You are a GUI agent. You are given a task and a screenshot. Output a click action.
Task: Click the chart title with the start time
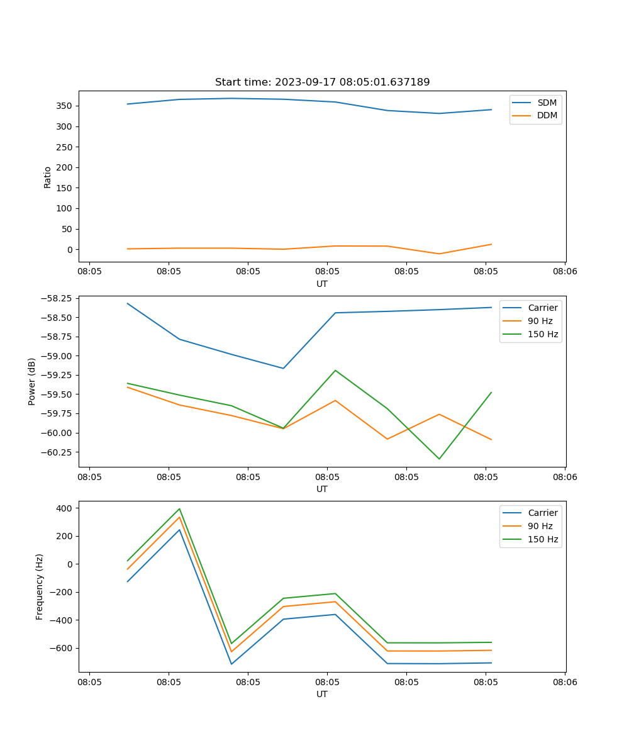(322, 82)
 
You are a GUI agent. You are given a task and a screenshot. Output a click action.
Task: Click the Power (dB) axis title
(32, 381)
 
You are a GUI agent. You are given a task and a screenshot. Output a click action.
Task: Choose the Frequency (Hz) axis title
(40, 586)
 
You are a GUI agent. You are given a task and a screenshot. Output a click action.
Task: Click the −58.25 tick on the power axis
(55, 298)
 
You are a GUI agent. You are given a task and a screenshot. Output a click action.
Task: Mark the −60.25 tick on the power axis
(55, 452)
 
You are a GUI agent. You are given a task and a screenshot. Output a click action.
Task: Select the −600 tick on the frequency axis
(61, 648)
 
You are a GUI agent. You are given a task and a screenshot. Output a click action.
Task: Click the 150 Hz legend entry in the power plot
(543, 334)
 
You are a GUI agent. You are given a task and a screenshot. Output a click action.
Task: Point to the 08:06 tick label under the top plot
(564, 272)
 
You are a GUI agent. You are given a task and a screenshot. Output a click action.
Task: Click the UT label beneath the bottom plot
(322, 694)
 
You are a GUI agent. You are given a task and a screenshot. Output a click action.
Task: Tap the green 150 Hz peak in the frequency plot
(179, 509)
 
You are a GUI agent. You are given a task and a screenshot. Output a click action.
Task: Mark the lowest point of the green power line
(439, 459)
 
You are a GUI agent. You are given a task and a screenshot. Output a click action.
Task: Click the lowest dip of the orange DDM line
(439, 254)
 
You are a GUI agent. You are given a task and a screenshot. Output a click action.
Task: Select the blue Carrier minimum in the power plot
(283, 368)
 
